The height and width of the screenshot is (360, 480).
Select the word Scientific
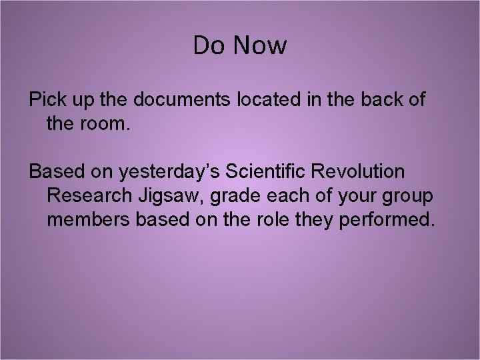pos(271,171)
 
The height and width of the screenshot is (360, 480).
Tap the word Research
pos(89,195)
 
